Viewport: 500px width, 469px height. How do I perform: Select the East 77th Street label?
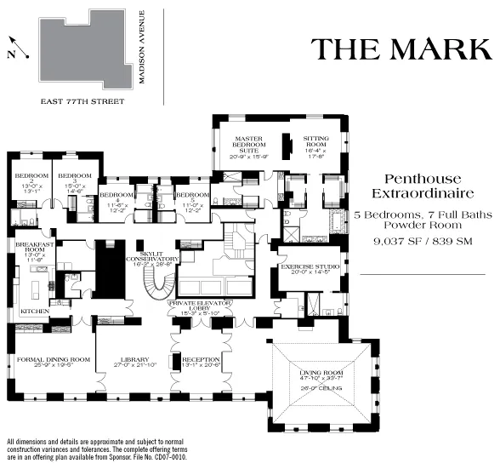pyautogui.click(x=82, y=101)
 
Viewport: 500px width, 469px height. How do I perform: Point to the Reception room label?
pyautogui.click(x=202, y=361)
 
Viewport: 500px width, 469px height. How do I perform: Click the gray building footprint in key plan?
pyautogui.click(x=82, y=53)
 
